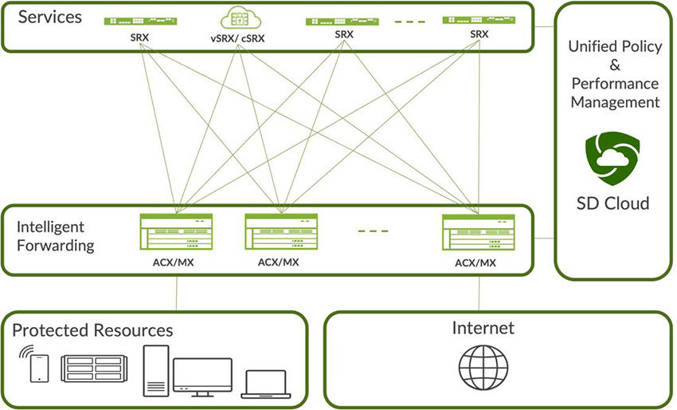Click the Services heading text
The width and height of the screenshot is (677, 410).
point(49,16)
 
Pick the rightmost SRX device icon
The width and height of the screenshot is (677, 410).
point(479,18)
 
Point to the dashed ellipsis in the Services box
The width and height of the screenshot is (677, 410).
point(410,22)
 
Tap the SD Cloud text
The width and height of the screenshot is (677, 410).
point(613,203)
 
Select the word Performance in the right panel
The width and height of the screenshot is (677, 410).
point(614,83)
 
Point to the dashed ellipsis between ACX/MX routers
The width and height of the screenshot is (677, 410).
point(373,231)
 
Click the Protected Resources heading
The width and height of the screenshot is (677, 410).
point(92,330)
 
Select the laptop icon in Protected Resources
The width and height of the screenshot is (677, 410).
point(267,384)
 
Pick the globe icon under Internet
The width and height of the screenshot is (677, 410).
point(482,368)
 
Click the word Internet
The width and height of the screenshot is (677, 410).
point(483,328)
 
